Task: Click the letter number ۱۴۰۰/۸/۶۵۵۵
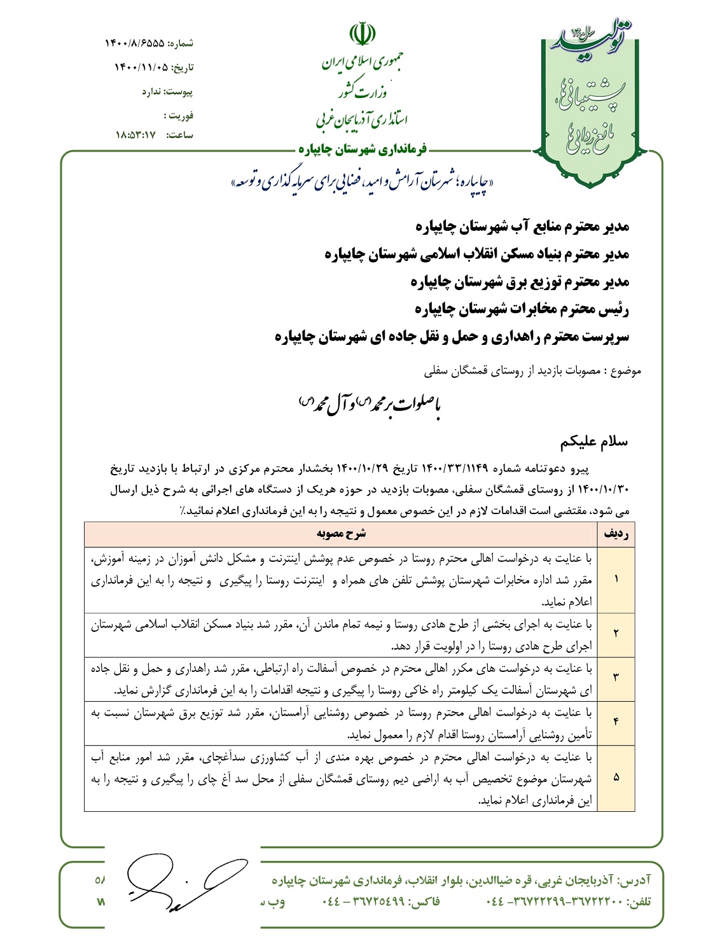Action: [x=135, y=43]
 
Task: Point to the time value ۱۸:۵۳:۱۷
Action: [x=135, y=135]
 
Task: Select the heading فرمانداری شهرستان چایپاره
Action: [x=363, y=150]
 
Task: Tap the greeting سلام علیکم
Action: [x=594, y=442]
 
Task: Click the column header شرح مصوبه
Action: [x=341, y=533]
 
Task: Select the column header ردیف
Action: [x=616, y=533]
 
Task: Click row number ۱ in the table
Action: [x=616, y=579]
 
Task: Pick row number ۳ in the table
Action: [x=616, y=678]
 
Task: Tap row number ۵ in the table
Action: [x=616, y=777]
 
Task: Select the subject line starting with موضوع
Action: [x=533, y=371]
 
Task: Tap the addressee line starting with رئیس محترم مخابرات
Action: [x=522, y=309]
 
